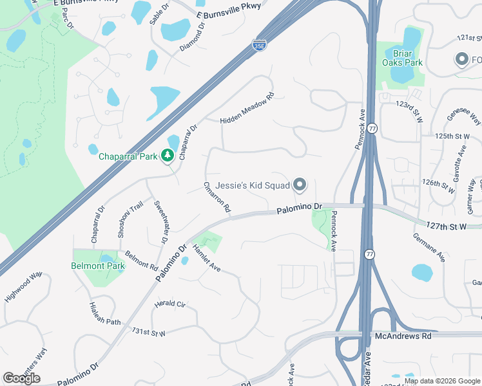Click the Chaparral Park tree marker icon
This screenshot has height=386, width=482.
click(168, 155)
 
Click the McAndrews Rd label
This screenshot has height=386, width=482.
click(404, 336)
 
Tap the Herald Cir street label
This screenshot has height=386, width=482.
click(170, 304)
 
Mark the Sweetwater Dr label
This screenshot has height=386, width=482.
click(160, 221)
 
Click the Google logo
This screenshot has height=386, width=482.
click(21, 378)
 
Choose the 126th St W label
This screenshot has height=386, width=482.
click(439, 183)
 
